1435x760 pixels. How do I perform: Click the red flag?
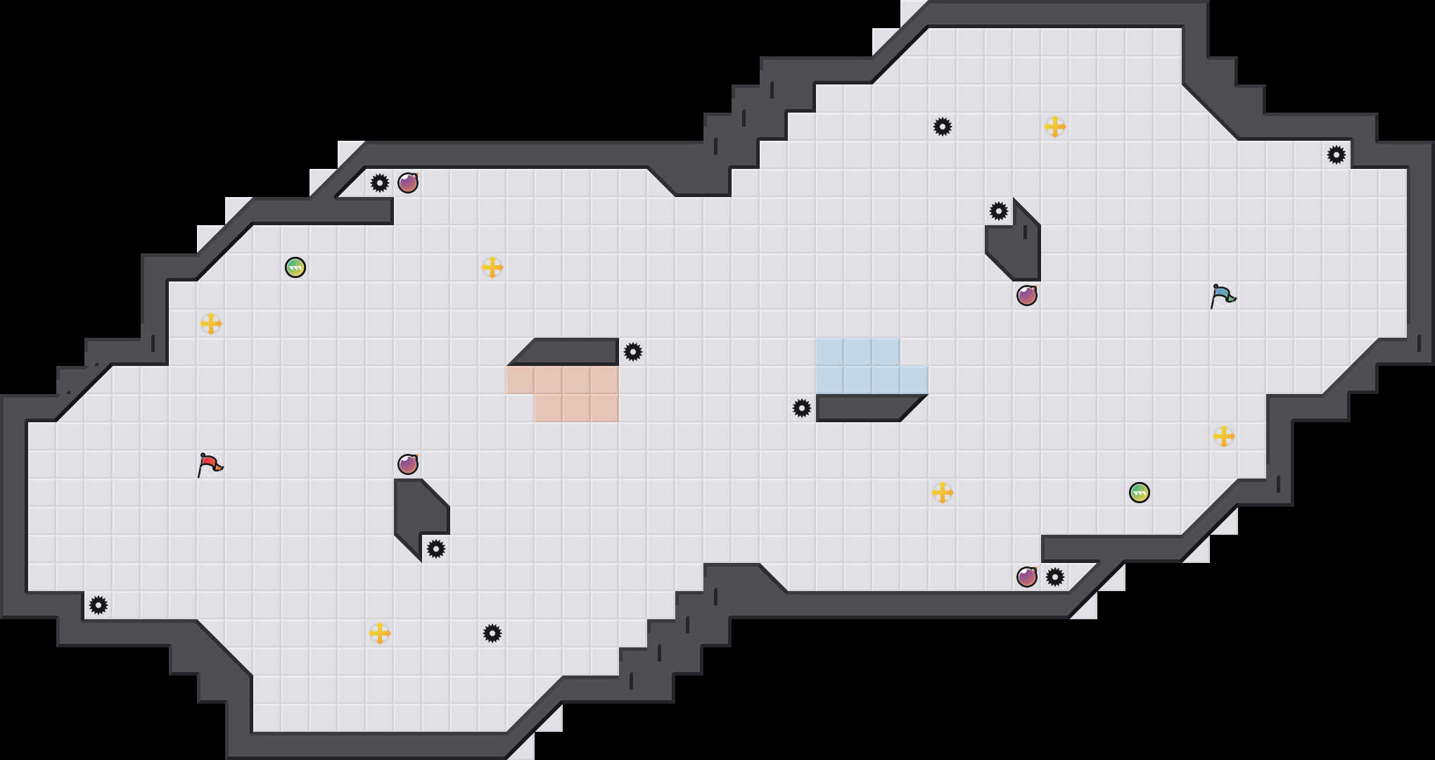point(210,464)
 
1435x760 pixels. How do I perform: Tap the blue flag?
point(1223,296)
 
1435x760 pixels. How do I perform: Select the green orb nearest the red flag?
point(295,267)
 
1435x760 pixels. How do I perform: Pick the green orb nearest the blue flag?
point(1140,493)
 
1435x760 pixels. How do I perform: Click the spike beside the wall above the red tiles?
point(633,352)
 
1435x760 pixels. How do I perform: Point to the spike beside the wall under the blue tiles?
point(802,408)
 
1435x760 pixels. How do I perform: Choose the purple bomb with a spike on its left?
point(408,183)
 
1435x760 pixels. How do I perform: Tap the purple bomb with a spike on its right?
point(1027,577)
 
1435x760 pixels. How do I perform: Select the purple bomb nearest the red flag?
point(408,464)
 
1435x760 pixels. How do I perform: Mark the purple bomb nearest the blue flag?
point(1027,296)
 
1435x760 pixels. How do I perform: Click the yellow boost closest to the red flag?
point(211,324)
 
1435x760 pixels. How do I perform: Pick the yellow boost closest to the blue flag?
point(1224,436)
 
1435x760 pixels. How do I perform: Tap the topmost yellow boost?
point(1055,127)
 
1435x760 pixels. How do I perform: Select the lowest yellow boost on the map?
point(380,633)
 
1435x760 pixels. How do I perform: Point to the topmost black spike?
point(943,127)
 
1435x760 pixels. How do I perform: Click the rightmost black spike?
point(1337,155)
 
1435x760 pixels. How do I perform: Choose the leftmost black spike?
point(98,605)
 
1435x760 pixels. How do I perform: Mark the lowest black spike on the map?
point(492,633)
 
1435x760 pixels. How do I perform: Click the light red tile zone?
point(577,394)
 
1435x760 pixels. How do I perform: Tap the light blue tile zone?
point(858,366)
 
